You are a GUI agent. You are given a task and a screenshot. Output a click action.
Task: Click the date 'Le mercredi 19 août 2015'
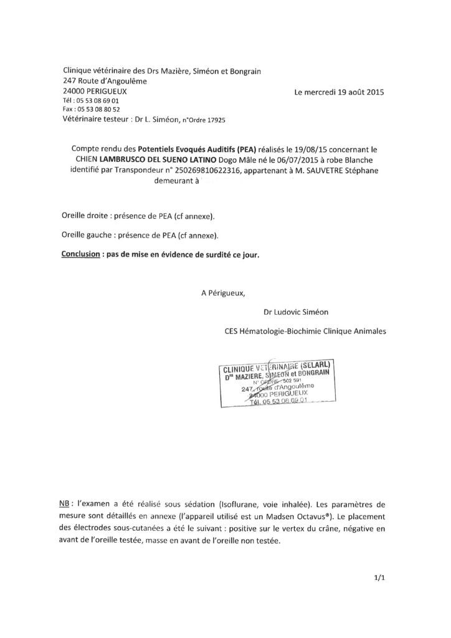pyautogui.click(x=339, y=92)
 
